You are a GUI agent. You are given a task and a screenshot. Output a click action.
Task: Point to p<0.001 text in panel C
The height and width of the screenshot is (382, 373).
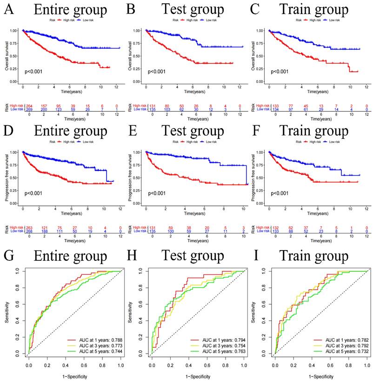point(281,71)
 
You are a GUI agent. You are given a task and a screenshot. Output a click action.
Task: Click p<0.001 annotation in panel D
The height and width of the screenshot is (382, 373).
point(35,193)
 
